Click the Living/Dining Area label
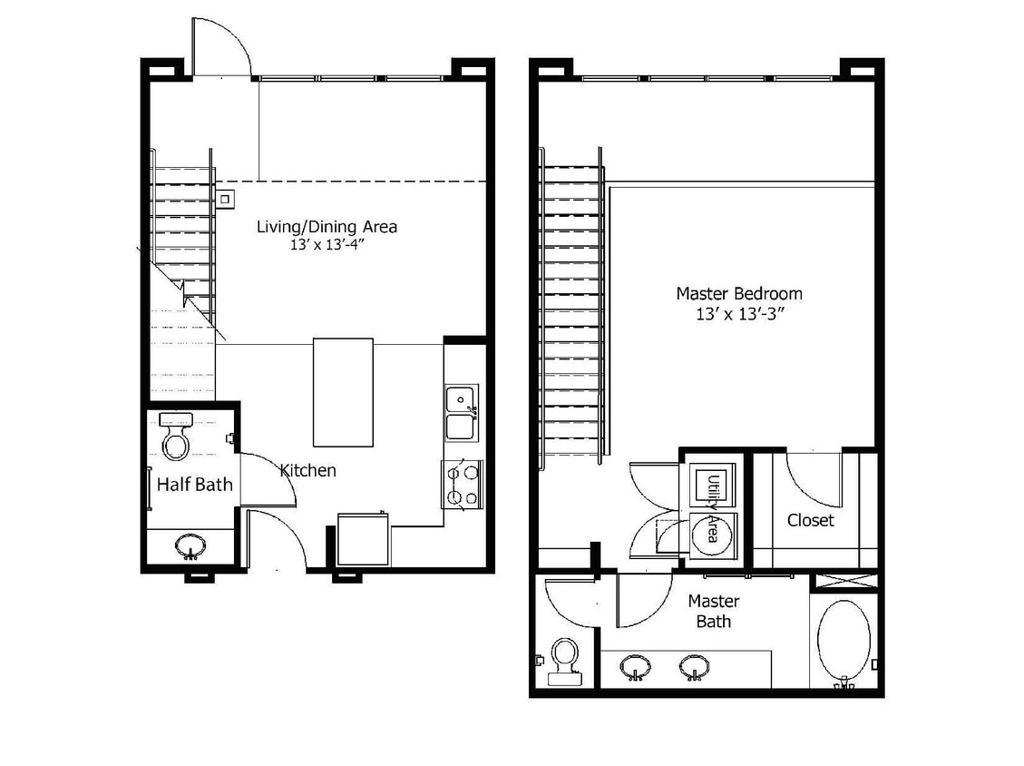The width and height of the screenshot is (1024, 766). (327, 226)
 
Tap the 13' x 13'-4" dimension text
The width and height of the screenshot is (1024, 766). (327, 244)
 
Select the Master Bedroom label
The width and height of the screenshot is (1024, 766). (738, 293)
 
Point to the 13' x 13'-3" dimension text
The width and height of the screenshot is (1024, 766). (738, 313)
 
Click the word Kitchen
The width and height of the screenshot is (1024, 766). (307, 470)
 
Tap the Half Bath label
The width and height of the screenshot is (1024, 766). (194, 485)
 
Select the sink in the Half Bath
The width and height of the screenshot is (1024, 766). (190, 547)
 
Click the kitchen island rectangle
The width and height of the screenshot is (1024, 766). (343, 392)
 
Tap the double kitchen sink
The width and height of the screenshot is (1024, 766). (463, 413)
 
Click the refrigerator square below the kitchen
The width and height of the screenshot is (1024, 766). (363, 540)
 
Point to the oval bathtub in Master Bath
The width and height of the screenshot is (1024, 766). (844, 640)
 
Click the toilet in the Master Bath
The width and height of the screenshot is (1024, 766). (565, 658)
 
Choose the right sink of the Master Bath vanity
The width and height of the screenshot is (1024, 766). (695, 667)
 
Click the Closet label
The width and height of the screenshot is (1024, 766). (810, 520)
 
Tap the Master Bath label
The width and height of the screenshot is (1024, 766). (713, 611)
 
